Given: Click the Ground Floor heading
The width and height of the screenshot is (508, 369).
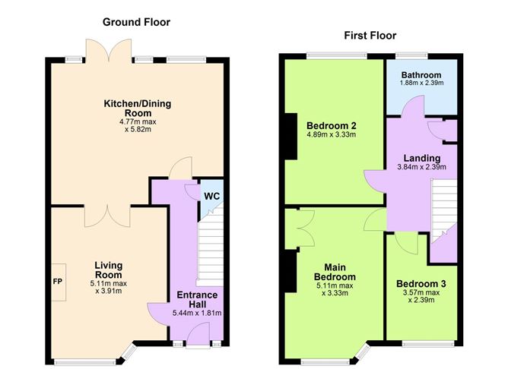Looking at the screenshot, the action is pyautogui.click(x=136, y=22).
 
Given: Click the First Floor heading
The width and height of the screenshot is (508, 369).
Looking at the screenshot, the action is pyautogui.click(x=370, y=35).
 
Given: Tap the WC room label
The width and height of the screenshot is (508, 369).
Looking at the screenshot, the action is pyautogui.click(x=212, y=196).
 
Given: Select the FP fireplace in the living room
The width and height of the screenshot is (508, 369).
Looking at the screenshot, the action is pyautogui.click(x=59, y=282).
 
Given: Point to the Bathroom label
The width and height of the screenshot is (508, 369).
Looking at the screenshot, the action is pyautogui.click(x=421, y=75).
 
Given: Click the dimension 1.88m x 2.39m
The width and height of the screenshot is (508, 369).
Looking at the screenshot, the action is pyautogui.click(x=421, y=83).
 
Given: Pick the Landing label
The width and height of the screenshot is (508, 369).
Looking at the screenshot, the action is pyautogui.click(x=422, y=158).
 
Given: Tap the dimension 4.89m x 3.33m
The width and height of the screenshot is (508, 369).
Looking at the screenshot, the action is pyautogui.click(x=332, y=134).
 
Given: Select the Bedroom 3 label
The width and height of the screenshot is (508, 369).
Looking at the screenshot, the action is pyautogui.click(x=421, y=284).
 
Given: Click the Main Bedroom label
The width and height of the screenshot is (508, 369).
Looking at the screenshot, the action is pyautogui.click(x=335, y=272).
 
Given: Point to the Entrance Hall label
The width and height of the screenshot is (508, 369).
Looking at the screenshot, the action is pyautogui.click(x=197, y=299).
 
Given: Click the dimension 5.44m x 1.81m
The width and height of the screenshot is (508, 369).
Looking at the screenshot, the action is pyautogui.click(x=197, y=313).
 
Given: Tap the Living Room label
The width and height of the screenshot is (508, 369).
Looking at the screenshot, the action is pyautogui.click(x=108, y=270).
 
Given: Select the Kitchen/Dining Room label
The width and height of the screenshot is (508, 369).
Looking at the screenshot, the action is pyautogui.click(x=138, y=109).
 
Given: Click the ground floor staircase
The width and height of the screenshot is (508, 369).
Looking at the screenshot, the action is pyautogui.click(x=210, y=247).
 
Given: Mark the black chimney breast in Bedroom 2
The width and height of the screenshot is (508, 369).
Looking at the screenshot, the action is pyautogui.click(x=291, y=136).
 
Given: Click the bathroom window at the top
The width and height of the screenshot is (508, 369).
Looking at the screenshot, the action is pyautogui.click(x=411, y=56).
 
